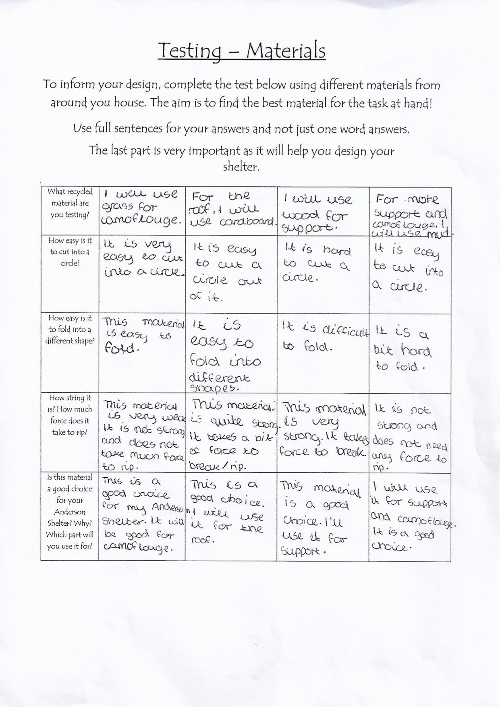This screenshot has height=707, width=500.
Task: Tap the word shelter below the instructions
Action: (x=241, y=166)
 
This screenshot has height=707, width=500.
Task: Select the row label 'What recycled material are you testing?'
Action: (x=70, y=203)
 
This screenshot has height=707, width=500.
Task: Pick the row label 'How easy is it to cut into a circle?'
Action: (x=70, y=252)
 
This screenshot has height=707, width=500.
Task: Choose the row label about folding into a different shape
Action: (x=70, y=329)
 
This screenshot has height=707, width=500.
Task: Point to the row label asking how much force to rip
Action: (x=70, y=415)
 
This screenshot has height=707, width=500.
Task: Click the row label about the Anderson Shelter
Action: (x=70, y=512)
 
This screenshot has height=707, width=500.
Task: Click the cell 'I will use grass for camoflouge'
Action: (x=141, y=208)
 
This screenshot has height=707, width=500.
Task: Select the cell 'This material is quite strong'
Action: (x=231, y=433)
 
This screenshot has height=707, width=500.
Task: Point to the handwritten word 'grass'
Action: (x=118, y=207)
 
